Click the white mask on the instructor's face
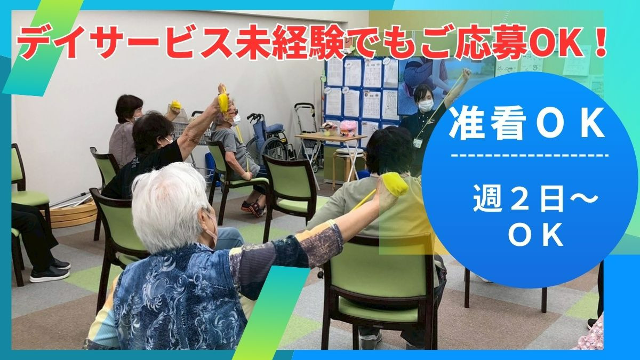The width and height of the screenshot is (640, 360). tap(425, 105)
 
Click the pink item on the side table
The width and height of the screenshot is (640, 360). tap(349, 127)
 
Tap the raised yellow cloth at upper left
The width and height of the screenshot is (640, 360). tap(222, 100)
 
